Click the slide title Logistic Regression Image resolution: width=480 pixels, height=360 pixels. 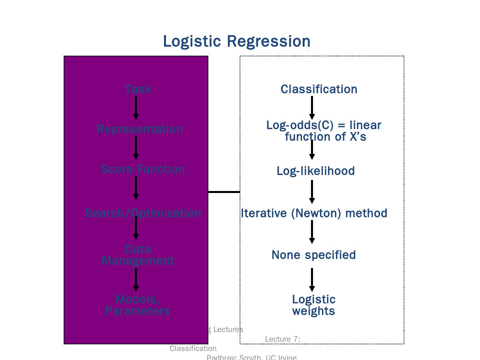click(237, 41)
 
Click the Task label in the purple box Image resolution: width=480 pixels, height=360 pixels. click(138, 89)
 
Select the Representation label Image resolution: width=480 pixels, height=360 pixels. click(140, 129)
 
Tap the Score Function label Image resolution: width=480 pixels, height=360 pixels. click(143, 169)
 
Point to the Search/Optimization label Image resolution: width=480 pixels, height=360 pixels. click(143, 213)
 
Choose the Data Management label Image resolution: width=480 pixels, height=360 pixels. click(138, 255)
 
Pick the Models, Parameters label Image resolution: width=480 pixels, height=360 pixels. click(138, 305)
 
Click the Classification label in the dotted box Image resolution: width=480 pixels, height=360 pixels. click(319, 89)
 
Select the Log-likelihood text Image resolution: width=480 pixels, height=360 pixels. click(316, 171)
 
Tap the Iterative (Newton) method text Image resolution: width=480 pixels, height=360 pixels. click(314, 213)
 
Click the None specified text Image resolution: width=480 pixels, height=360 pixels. click(314, 255)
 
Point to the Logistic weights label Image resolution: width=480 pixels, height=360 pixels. click(314, 305)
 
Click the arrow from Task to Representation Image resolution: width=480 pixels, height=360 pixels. click(136, 108)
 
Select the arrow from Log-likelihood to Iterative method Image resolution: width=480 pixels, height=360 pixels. click(312, 192)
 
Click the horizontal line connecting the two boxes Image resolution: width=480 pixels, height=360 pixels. click(224, 192)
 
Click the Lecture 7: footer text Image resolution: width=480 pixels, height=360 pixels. click(283, 339)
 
